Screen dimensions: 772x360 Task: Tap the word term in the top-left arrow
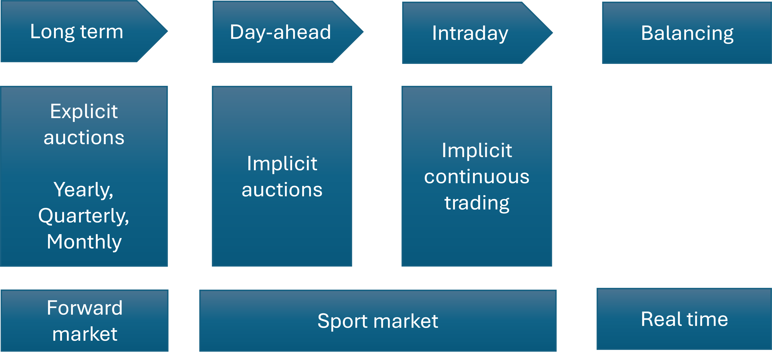pos(102,32)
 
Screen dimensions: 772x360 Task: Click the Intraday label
pos(470,33)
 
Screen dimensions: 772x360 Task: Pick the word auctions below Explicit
pos(84,138)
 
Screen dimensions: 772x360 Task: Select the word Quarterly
pos(84,216)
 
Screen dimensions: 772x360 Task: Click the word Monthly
pos(84,242)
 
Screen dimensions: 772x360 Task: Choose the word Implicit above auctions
pos(282,164)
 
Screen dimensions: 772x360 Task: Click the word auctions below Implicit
pos(282,190)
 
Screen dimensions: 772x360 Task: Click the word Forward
pos(85,308)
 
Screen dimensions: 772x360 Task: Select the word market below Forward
pos(85,334)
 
